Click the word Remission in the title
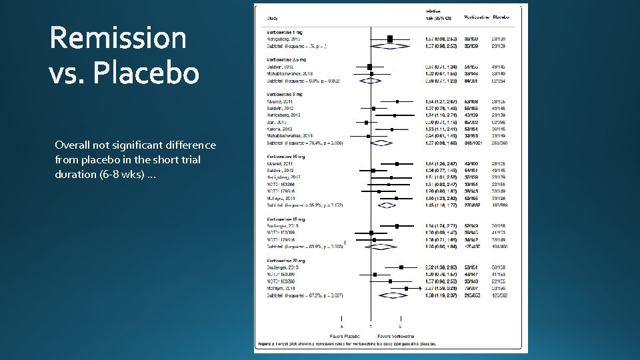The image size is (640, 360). point(118,37)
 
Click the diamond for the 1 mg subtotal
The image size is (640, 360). point(391,46)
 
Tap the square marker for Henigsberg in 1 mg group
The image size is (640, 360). point(390,39)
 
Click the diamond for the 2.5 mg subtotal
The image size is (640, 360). point(371,81)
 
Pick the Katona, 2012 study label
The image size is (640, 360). point(279,129)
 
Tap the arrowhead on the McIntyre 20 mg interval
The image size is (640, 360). point(409,288)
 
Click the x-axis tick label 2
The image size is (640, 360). point(400,327)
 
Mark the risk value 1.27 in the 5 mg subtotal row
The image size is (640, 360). point(429,143)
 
